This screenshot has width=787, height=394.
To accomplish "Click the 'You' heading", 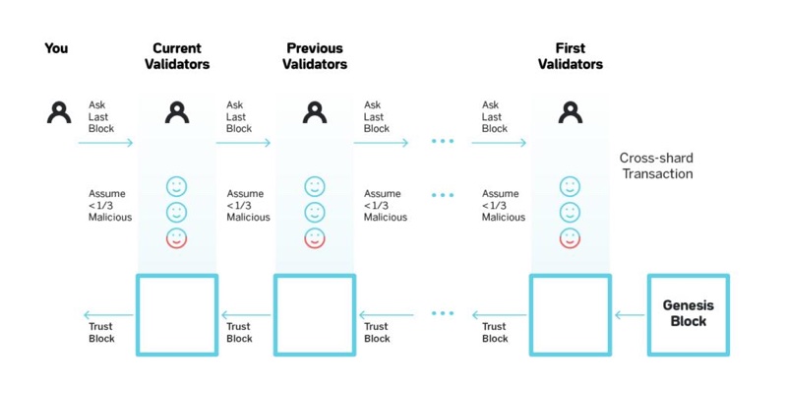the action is (56, 48).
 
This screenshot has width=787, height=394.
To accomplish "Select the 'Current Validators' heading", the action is (177, 56).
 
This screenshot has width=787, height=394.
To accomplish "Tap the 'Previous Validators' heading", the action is (315, 56).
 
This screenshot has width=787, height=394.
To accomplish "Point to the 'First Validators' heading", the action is (571, 56).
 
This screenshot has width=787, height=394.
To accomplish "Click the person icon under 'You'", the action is (59, 112).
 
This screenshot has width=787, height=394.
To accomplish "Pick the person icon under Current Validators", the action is (177, 112).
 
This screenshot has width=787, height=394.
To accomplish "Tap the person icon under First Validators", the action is (571, 112).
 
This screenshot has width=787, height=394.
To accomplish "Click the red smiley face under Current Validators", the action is (177, 238).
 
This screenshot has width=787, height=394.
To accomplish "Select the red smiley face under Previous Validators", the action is (315, 238).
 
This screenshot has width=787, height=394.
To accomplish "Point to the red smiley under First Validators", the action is (570, 238).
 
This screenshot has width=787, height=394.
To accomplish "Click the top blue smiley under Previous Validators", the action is (315, 187).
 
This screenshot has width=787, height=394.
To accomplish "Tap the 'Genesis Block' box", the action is (688, 315).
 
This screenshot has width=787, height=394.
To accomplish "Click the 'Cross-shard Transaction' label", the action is (656, 165).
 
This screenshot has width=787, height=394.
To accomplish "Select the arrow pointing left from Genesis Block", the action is (630, 315).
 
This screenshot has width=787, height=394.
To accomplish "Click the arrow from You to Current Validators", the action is (105, 143).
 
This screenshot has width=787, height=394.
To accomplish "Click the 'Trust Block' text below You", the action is (102, 333).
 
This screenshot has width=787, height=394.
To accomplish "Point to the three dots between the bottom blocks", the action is (443, 313).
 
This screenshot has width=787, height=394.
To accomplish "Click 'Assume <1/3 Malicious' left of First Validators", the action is (504, 206).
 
